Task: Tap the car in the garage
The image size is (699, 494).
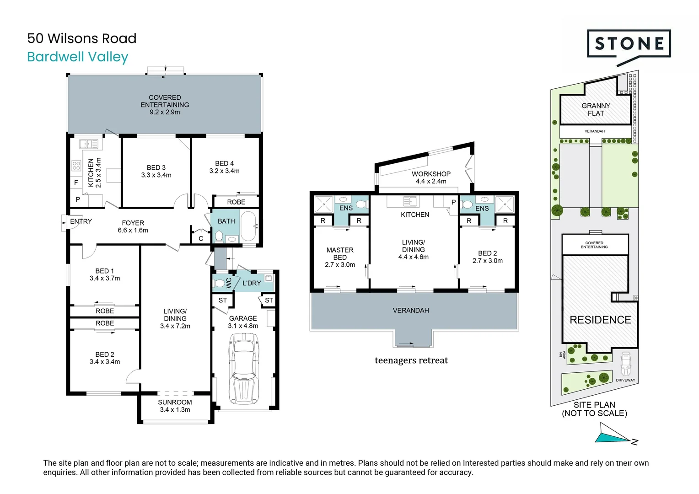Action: [244, 369]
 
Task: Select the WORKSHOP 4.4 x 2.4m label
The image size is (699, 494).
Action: [431, 177]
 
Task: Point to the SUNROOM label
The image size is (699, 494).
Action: [175, 402]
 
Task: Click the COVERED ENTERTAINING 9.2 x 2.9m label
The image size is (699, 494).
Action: [165, 105]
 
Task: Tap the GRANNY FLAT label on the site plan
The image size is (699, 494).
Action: [596, 109]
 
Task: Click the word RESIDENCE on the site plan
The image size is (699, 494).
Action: [600, 320]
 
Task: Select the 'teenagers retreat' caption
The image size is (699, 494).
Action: [411, 360]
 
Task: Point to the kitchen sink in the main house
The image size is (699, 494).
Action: [89, 144]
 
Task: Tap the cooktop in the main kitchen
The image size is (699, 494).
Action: [76, 166]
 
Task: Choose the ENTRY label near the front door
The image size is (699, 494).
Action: [81, 221]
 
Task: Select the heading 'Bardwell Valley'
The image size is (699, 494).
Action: [78, 57]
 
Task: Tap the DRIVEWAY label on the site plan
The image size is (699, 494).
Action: [625, 380]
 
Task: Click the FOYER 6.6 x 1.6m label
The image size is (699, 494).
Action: [133, 226]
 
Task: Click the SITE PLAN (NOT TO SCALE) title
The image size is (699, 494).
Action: [594, 409]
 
